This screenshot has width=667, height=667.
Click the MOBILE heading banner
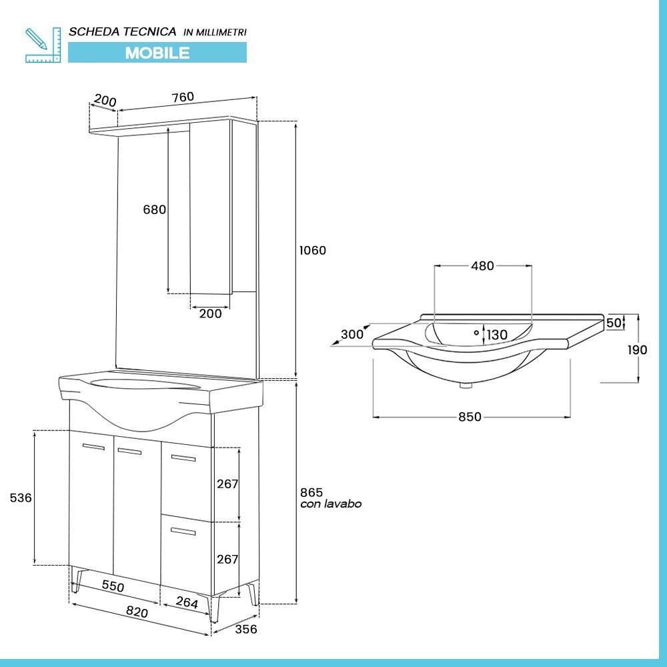pyautogui.click(x=157, y=53)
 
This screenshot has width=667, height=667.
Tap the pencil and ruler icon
pyautogui.click(x=43, y=45)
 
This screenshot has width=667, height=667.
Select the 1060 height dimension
pyautogui.click(x=312, y=251)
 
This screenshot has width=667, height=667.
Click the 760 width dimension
pyautogui.click(x=183, y=97)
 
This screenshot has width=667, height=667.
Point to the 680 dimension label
pyautogui.click(x=154, y=209)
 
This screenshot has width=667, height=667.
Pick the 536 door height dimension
pyautogui.click(x=21, y=498)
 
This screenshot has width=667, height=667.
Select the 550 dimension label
pyautogui.click(x=112, y=586)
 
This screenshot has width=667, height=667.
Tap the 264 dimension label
pyautogui.click(x=187, y=602)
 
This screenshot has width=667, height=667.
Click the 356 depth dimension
pyautogui.click(x=245, y=629)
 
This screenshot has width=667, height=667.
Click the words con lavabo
pyautogui.click(x=331, y=504)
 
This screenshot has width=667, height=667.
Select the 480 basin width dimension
pyautogui.click(x=482, y=266)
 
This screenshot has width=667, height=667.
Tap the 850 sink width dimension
pyautogui.click(x=470, y=417)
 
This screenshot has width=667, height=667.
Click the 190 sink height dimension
pyautogui.click(x=636, y=350)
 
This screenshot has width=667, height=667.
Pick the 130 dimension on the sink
pyautogui.click(x=496, y=335)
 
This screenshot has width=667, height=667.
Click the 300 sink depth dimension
pyautogui.click(x=352, y=334)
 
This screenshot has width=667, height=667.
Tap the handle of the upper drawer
pyautogui.click(x=183, y=458)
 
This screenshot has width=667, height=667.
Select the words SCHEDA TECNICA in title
pyautogui.click(x=123, y=31)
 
